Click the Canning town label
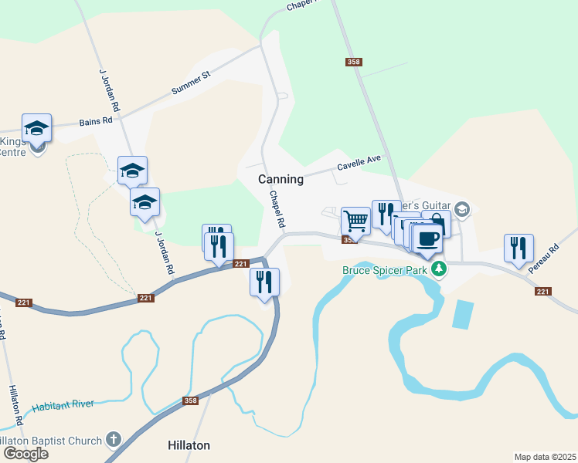coord(280,178)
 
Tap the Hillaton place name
coord(189,445)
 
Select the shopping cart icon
coord(355,220)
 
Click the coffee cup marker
coord(427,237)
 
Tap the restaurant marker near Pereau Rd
coord(518,248)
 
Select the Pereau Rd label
coord(543,259)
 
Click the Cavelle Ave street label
coord(359,162)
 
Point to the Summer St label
coord(191,83)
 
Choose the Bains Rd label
coord(96,122)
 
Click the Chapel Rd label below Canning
coord(277,208)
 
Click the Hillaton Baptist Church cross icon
coord(114,440)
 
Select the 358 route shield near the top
coord(354,62)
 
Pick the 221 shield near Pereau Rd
coord(542,291)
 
